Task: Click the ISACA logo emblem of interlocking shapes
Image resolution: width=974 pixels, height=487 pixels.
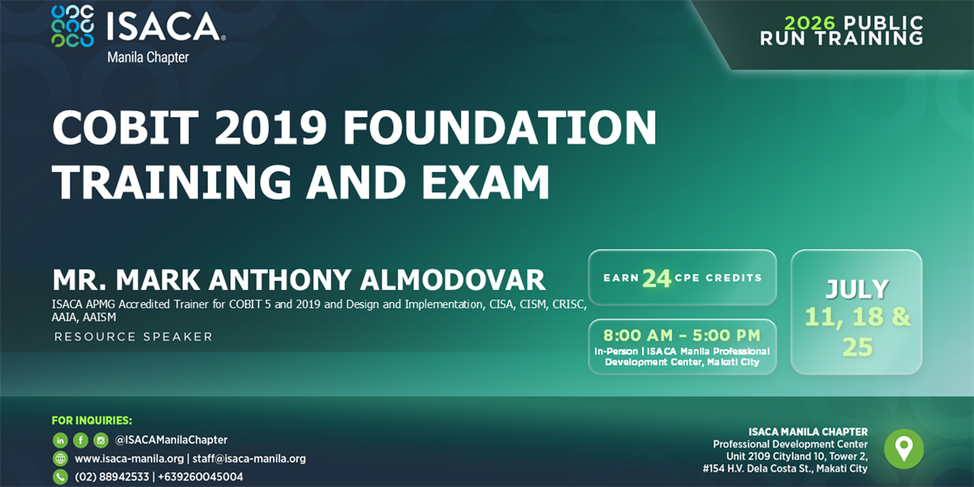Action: [72, 27]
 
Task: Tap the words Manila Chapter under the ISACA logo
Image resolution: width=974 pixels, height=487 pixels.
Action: [148, 58]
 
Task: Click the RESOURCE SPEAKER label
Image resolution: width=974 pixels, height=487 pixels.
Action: [133, 337]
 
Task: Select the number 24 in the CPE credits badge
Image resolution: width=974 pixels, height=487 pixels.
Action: [656, 278]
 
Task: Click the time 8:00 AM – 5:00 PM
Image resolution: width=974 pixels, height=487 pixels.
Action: [682, 334]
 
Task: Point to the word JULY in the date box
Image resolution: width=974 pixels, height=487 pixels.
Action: [857, 289]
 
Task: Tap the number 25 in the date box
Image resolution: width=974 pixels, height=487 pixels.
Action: [857, 347]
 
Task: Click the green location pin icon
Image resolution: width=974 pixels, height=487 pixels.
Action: [903, 448]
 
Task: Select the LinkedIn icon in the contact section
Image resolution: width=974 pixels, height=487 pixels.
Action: [60, 440]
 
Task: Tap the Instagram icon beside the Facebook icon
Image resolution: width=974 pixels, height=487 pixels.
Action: [101, 440]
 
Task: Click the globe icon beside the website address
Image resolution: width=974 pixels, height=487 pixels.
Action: [60, 459]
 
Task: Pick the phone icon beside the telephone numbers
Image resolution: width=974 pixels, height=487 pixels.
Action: [60, 477]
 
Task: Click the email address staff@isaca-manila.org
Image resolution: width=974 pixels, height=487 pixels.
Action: [249, 459]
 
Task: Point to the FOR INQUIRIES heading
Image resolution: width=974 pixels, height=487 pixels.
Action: [92, 420]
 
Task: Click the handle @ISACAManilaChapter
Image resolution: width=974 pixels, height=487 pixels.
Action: [171, 440]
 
